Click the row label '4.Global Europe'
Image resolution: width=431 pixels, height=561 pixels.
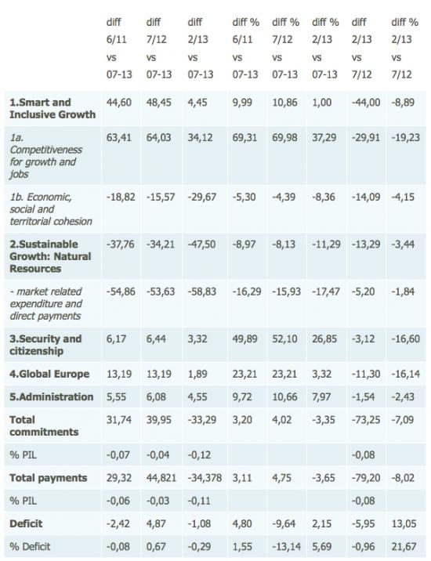pyautogui.click(x=49, y=374)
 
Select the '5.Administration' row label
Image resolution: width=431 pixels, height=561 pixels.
pyautogui.click(x=51, y=396)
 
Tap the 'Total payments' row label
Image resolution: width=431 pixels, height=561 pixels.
pyautogui.click(x=49, y=478)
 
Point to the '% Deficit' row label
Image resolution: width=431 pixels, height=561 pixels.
pyautogui.click(x=30, y=547)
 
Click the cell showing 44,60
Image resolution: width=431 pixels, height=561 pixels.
pyautogui.click(x=119, y=103)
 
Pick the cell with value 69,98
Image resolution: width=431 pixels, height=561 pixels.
pyautogui.click(x=284, y=138)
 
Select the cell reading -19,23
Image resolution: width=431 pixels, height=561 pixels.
pyautogui.click(x=406, y=138)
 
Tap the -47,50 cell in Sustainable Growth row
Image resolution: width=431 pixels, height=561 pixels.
pyautogui.click(x=201, y=244)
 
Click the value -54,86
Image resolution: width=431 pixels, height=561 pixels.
pyautogui.click(x=121, y=291)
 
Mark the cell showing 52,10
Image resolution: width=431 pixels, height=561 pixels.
pyautogui.click(x=284, y=338)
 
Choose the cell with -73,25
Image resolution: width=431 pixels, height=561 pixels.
pyautogui.click(x=366, y=420)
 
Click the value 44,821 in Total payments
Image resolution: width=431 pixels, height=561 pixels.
pyautogui.click(x=161, y=478)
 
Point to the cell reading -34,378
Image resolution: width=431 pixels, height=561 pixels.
pyautogui.click(x=205, y=478)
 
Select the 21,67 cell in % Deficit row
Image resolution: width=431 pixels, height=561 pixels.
pyautogui.click(x=404, y=547)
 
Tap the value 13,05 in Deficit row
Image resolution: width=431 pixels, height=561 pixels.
pyautogui.click(x=404, y=524)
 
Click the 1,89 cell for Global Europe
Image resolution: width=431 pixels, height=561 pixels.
pyautogui.click(x=197, y=374)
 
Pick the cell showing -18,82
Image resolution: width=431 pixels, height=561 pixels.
pyautogui.click(x=121, y=197)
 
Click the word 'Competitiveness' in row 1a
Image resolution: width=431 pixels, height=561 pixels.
pyautogui.click(x=45, y=150)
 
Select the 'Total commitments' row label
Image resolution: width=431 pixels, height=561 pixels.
pyautogui.click(x=44, y=425)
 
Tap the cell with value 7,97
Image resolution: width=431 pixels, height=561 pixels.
pyautogui.click(x=321, y=396)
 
